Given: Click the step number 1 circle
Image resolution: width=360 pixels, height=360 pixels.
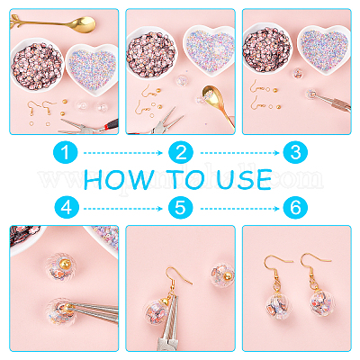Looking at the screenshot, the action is tap(66, 152).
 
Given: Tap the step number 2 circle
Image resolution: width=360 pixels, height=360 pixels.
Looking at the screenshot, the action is tap(181, 152).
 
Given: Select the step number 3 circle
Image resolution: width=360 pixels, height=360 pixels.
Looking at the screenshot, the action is tap(295, 152).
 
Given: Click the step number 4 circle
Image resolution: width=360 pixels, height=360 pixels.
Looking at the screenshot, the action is tap(67, 208).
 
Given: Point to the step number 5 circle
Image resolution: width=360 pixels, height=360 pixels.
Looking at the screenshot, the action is tap(181, 208).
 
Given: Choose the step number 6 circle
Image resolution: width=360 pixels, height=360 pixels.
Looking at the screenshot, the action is tap(295, 208).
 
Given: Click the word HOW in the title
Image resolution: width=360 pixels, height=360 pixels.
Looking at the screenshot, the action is tap(119, 180).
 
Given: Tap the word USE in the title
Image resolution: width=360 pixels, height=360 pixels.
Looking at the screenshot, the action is tap(244, 180).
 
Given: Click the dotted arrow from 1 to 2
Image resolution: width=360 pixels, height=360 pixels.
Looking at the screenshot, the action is tap(123, 153).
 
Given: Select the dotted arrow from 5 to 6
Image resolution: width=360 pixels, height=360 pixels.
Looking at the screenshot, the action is tap(239, 208).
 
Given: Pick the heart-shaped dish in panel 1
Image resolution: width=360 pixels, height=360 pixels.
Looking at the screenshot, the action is tap(92, 69).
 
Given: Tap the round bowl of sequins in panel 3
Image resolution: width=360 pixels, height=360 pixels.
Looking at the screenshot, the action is tap(266, 48).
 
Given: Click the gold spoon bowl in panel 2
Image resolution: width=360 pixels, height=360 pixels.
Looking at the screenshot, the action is tap(213, 96).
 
